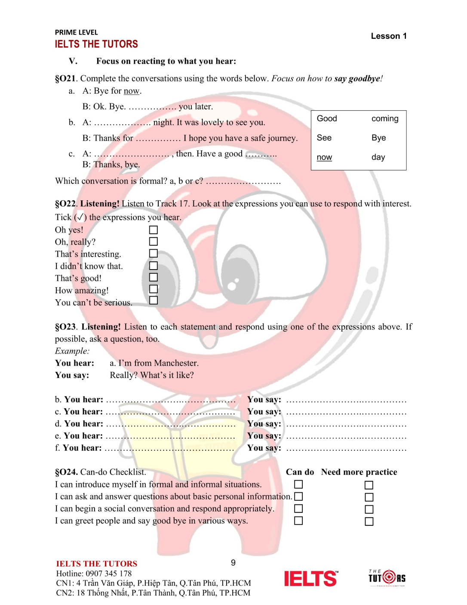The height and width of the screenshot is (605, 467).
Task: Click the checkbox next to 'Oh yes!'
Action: pyautogui.click(x=153, y=230)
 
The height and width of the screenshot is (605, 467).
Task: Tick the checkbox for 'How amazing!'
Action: pyautogui.click(x=153, y=289)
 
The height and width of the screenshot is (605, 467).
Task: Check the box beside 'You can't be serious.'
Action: pyautogui.click(x=153, y=300)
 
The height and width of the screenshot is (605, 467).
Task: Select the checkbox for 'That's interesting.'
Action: pyautogui.click(x=153, y=253)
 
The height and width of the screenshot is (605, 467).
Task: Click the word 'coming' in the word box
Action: pyautogui.click(x=384, y=118)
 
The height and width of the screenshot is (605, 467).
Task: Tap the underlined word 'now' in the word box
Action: pyautogui.click(x=324, y=157)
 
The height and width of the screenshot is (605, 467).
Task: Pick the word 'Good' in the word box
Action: pyautogui.click(x=327, y=118)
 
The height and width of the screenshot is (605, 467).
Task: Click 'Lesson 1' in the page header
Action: pyautogui.click(x=388, y=36)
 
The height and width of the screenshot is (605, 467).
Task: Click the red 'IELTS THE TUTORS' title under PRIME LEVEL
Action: pyautogui.click(x=96, y=44)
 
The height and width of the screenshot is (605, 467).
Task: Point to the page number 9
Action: pyautogui.click(x=233, y=562)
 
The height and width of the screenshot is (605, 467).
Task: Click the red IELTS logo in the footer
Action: pyautogui.click(x=311, y=578)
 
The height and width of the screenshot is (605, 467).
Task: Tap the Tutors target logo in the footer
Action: pyautogui.click(x=387, y=577)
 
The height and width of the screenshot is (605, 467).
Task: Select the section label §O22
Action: pyautogui.click(x=65, y=204)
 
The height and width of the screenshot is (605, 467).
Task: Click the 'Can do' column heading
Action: pyautogui.click(x=300, y=472)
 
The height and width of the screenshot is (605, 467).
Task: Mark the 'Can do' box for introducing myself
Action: pyautogui.click(x=298, y=484)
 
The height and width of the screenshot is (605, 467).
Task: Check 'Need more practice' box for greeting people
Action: pyautogui.click(x=369, y=521)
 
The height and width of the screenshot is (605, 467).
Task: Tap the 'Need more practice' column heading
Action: pyautogui.click(x=359, y=472)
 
